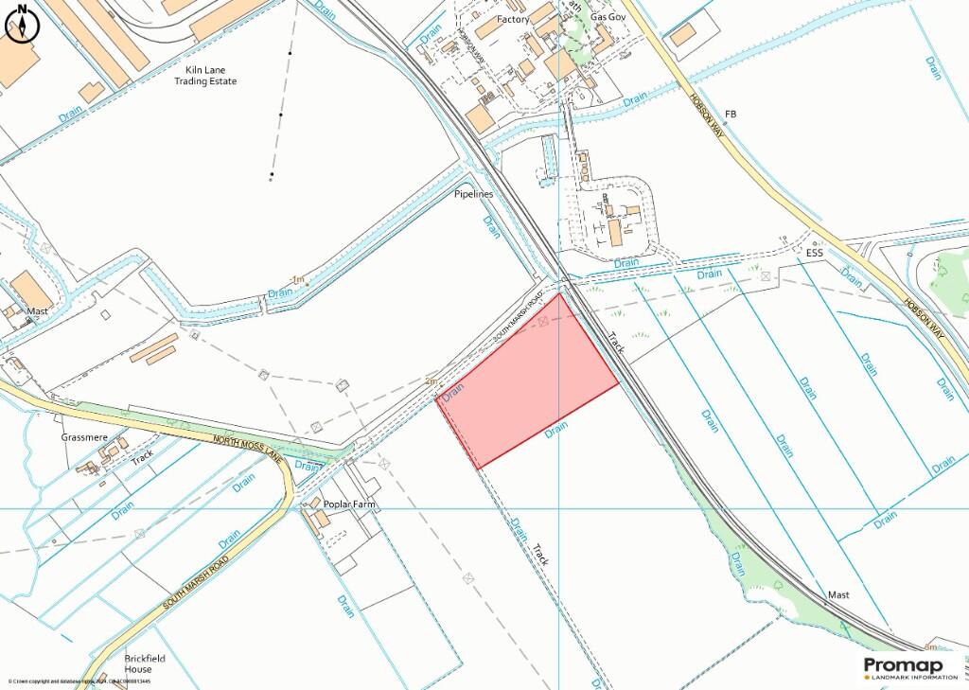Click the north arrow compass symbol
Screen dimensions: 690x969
click(22, 24)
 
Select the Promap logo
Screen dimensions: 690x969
click(909, 668)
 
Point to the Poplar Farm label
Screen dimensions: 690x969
click(349, 504)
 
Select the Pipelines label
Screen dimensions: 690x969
click(473, 194)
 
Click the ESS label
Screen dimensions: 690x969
click(815, 254)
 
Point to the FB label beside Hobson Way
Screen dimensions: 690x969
click(730, 115)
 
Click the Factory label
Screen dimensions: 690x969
click(513, 19)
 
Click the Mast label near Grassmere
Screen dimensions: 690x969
click(37, 310)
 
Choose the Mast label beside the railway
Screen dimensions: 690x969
click(838, 595)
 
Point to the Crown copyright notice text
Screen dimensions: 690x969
click(79, 681)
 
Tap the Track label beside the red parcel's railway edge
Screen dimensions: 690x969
click(618, 344)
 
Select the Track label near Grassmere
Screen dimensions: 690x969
click(142, 457)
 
